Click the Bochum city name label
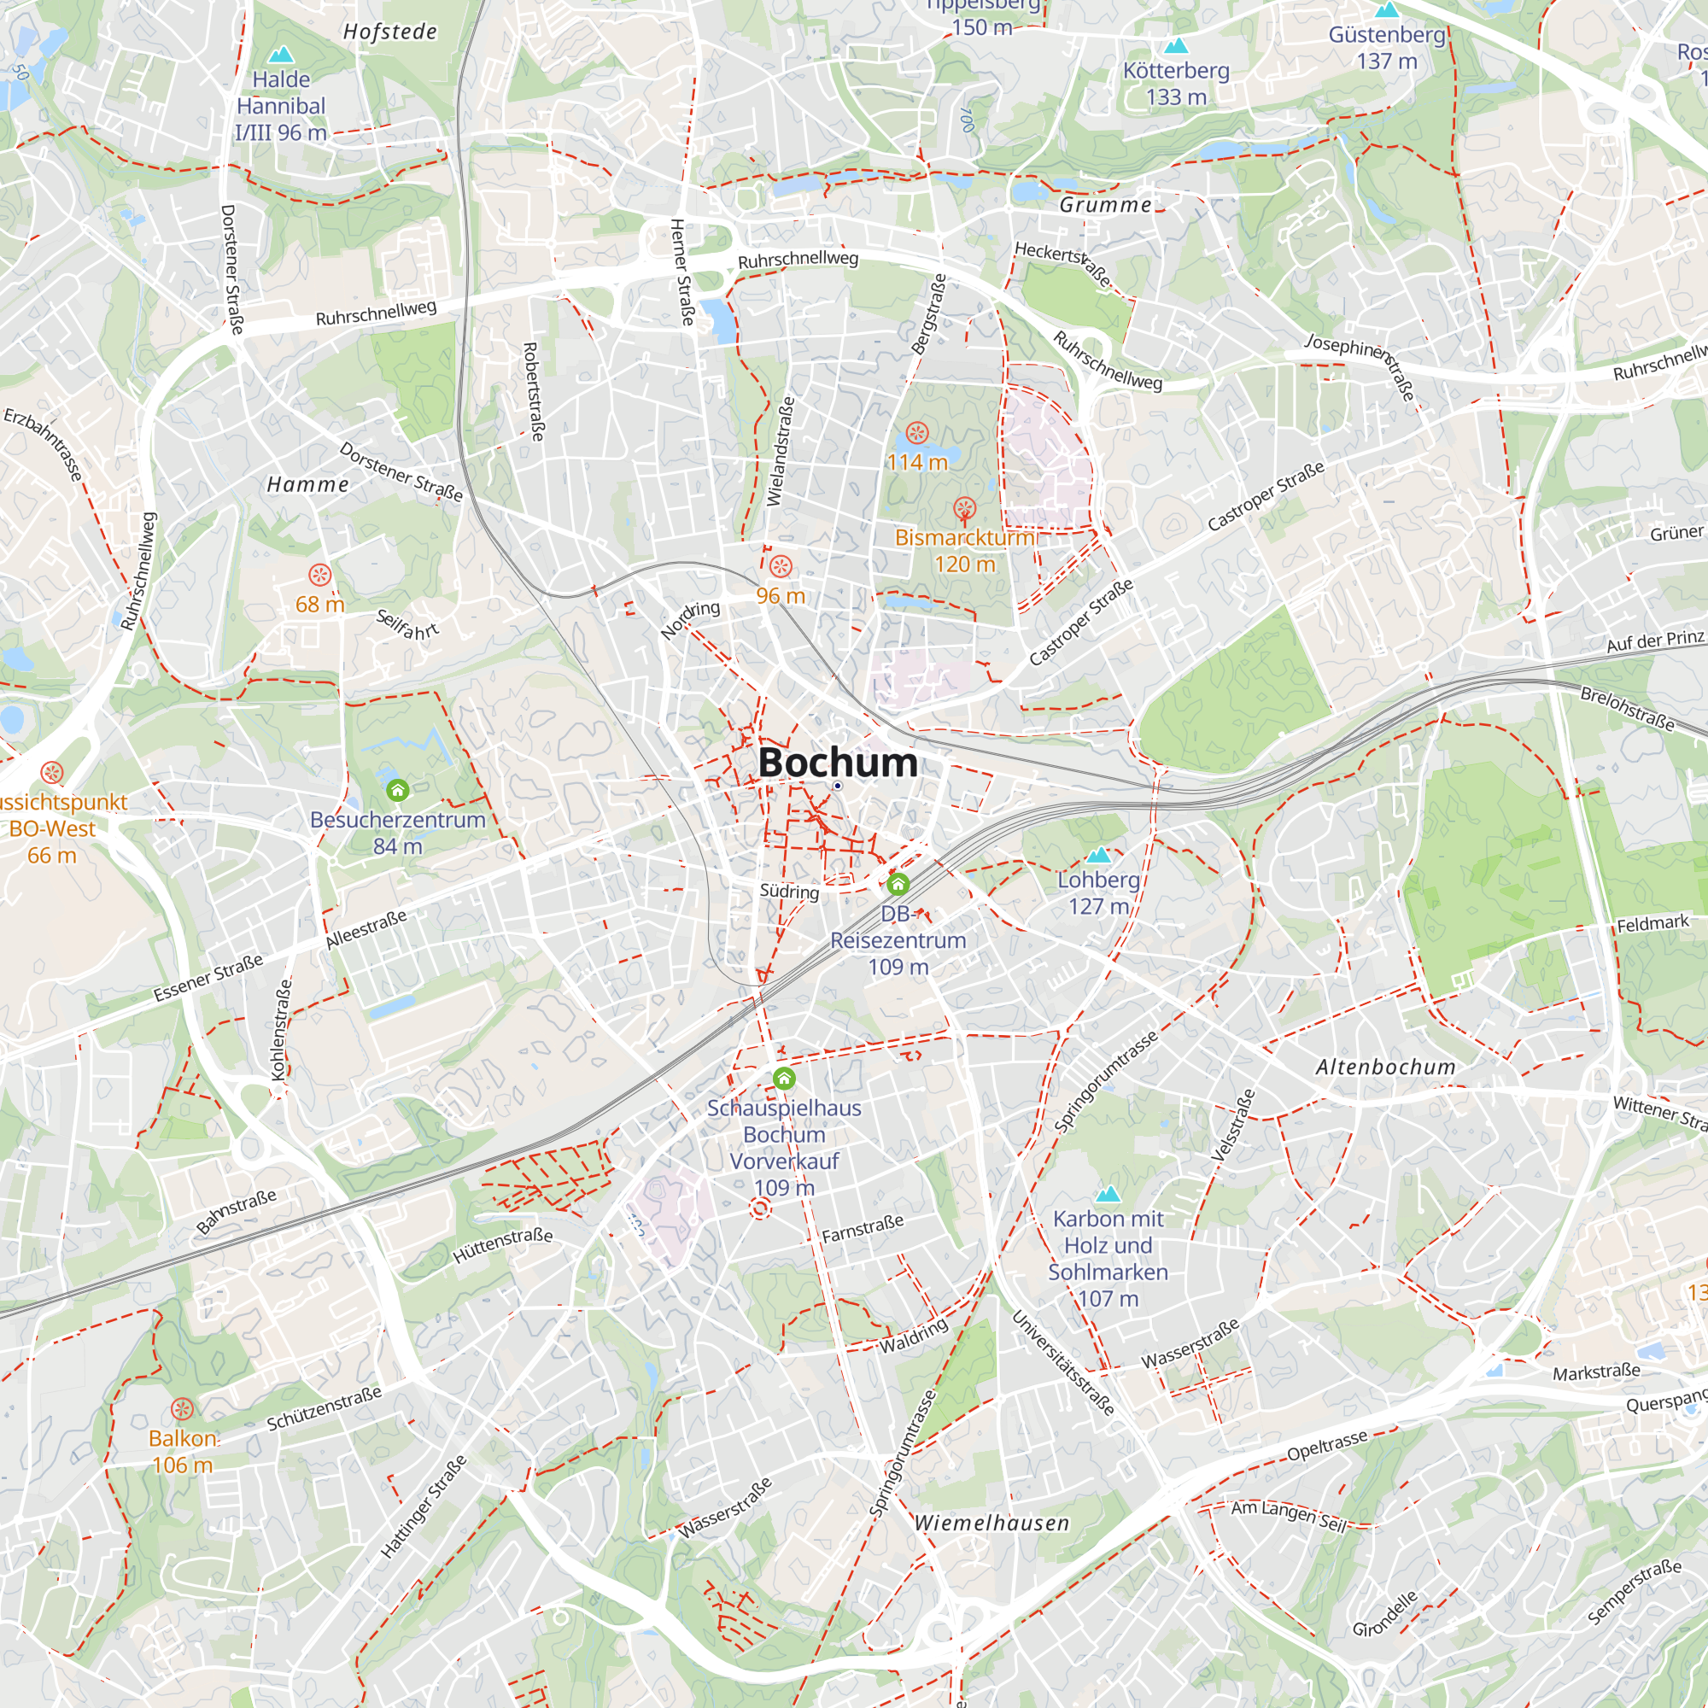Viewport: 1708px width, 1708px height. pos(837,762)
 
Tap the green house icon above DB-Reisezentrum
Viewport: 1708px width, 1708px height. pos(898,883)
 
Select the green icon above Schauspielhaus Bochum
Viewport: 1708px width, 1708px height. pos(784,1079)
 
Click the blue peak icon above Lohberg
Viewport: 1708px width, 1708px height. pos(1098,855)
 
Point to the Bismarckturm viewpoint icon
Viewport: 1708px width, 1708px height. pos(963,509)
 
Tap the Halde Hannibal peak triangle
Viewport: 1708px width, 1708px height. pos(281,54)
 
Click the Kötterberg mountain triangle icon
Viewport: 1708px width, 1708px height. pos(1176,45)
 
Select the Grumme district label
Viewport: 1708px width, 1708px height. pos(1105,205)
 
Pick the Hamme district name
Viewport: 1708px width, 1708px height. pos(307,484)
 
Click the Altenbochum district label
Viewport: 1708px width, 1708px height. pos(1385,1067)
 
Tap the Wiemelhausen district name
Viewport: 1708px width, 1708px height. pos(991,1523)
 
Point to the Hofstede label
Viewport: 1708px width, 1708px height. pos(390,32)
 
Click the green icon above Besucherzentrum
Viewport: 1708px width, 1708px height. pos(398,789)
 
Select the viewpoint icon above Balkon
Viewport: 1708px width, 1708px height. pos(182,1408)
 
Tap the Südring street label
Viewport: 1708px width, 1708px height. pos(789,891)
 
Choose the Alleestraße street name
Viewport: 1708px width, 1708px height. pos(366,929)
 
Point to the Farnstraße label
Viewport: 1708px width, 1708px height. pos(863,1228)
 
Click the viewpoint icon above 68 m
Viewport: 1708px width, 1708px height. pos(319,576)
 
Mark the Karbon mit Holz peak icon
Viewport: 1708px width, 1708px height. pos(1108,1195)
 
